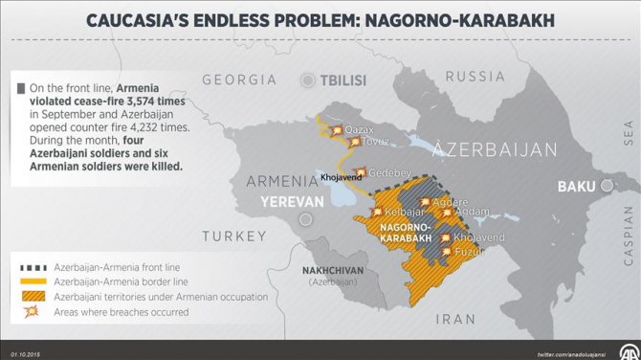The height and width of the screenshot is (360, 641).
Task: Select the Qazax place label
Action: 359,129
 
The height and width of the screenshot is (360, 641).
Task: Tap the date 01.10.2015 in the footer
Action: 27,353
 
